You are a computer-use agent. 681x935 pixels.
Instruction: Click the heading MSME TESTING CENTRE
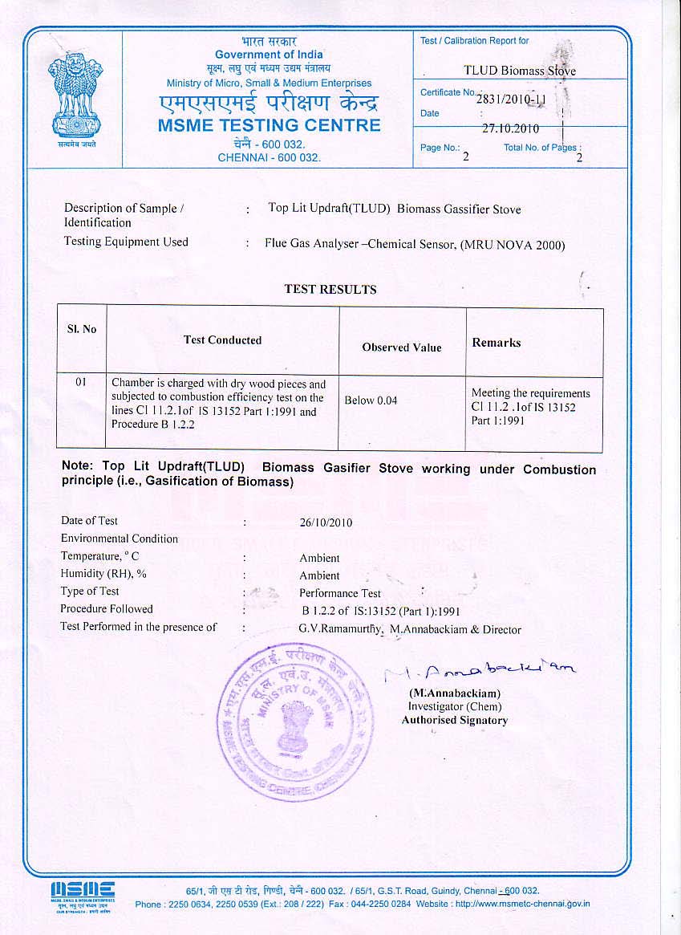tap(270, 125)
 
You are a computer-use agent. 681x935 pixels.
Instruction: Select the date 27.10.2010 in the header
tap(510, 128)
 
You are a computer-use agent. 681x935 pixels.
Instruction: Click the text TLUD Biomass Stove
tap(520, 71)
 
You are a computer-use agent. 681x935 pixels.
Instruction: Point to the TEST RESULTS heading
tap(330, 289)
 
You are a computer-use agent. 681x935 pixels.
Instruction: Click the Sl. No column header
tap(81, 329)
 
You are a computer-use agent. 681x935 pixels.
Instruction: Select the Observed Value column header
tap(401, 348)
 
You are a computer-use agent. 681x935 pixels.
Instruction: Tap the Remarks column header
tap(496, 343)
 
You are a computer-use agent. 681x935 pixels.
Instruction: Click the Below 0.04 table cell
tap(371, 400)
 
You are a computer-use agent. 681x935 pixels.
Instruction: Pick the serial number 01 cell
tap(81, 383)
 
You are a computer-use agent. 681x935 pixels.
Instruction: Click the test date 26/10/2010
tap(326, 522)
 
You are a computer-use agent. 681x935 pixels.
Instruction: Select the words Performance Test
tap(339, 593)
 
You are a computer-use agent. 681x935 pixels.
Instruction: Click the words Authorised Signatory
tap(454, 720)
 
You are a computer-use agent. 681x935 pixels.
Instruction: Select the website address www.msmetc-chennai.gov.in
tap(522, 904)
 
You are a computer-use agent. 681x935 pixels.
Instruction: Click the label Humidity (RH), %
tap(103, 574)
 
